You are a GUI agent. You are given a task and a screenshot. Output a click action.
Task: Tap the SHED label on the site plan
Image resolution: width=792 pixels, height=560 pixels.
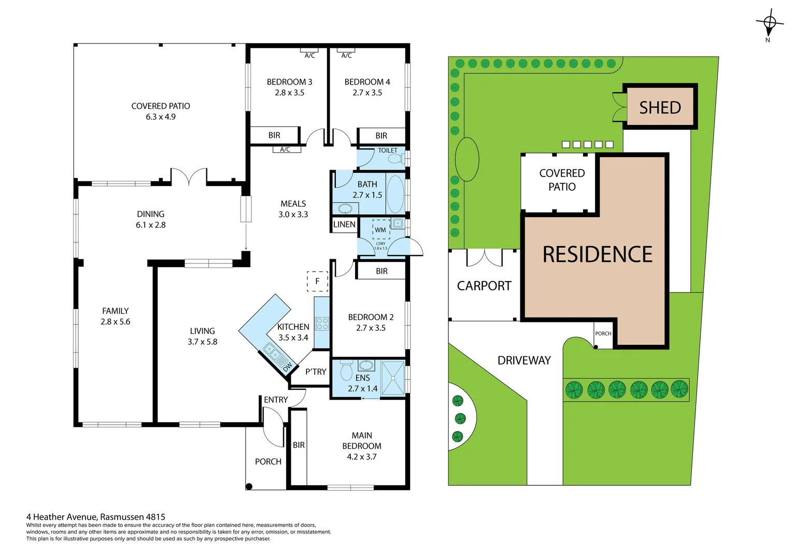(660, 107)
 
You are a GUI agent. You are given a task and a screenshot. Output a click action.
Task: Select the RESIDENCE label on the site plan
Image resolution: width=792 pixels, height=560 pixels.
(597, 255)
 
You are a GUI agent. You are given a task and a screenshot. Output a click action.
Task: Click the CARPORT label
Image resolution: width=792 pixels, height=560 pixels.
(484, 286)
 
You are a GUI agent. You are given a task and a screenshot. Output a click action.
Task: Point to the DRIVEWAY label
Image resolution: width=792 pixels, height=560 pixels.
(524, 360)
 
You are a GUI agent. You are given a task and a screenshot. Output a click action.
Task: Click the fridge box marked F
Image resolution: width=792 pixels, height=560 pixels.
(317, 281)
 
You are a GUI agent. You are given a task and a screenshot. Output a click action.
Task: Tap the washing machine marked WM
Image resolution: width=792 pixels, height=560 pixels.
(380, 230)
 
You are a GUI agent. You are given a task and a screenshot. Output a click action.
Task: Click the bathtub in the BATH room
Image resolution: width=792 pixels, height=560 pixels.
(395, 194)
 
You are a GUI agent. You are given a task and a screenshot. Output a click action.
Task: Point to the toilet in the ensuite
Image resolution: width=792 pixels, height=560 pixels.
(346, 371)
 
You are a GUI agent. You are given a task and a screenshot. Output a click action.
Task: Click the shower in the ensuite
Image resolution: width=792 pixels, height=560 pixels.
(393, 379)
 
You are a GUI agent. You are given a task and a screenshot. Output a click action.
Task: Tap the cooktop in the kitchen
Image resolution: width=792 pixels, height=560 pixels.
(322, 324)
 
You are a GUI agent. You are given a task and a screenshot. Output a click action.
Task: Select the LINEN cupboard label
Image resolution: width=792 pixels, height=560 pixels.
(344, 225)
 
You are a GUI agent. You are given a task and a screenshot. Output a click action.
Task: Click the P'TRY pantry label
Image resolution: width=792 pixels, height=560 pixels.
(316, 372)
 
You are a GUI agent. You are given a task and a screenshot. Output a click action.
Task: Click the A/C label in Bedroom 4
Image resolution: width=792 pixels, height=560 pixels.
(346, 55)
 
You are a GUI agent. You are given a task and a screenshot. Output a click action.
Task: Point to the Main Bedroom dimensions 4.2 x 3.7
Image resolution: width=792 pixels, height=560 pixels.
(361, 457)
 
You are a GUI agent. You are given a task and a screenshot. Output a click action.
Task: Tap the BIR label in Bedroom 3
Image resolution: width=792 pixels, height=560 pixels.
(274, 135)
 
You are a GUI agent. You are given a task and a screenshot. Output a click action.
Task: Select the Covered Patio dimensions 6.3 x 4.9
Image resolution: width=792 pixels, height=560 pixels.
(161, 117)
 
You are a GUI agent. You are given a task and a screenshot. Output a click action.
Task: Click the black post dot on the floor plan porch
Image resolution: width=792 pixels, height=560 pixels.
(249, 486)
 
